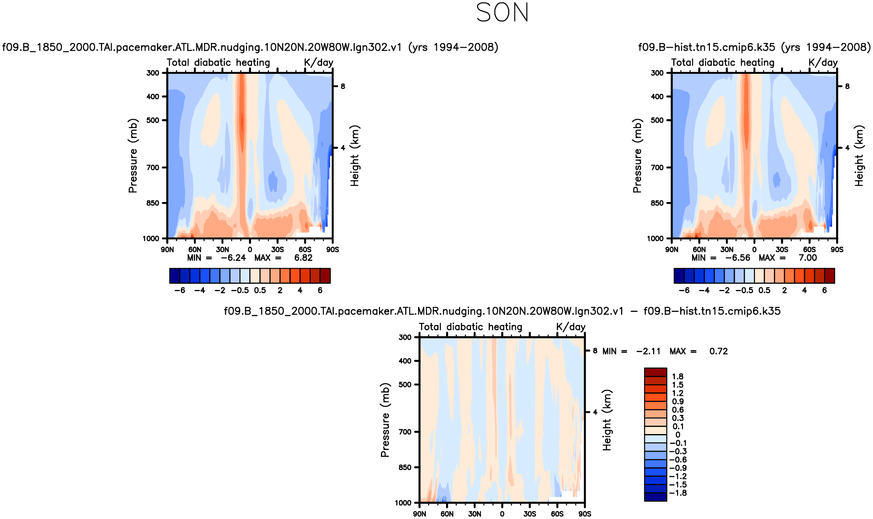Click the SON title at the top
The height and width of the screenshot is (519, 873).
coord(502,12)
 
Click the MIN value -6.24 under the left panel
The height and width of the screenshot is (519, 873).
coord(233,258)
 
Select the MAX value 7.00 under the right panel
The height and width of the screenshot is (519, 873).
coord(808,258)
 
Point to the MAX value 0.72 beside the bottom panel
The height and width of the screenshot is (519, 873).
coord(718,351)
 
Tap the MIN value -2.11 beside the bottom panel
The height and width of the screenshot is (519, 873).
coord(648,351)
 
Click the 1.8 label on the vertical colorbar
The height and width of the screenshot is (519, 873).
coord(678,377)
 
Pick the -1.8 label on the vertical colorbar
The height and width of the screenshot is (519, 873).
coord(678,493)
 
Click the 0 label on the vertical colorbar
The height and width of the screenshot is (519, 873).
coord(678,435)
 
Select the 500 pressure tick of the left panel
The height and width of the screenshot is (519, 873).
coord(153,120)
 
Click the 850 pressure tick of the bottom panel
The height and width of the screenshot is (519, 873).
coord(405,467)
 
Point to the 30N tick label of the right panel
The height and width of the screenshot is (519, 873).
coord(727,250)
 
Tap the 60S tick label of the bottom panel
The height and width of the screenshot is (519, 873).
coord(557,514)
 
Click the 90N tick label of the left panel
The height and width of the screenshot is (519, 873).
coord(167,250)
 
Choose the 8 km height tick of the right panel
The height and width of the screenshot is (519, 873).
coord(847,86)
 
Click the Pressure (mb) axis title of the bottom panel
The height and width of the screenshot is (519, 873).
coord(385,420)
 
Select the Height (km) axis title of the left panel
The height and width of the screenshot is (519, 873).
coord(355,156)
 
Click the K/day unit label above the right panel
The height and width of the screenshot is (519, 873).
coord(823,63)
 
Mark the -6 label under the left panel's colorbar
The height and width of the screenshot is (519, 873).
coord(179,290)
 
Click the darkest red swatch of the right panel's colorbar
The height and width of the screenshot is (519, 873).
coord(829,276)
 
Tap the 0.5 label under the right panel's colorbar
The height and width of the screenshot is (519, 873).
coord(764,290)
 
